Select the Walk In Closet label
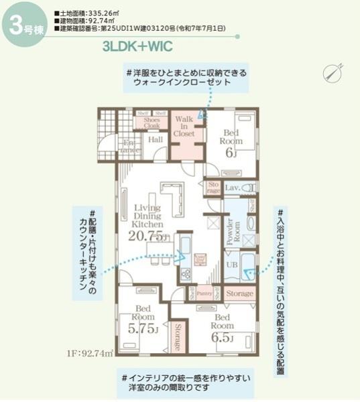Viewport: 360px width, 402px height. pos(184,126)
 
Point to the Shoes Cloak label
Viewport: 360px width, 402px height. pos(152,123)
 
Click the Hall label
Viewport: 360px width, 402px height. pos(156,139)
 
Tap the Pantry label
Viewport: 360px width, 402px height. pos(204,293)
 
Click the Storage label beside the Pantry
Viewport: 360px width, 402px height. pos(239,293)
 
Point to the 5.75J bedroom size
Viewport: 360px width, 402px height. pos(141,329)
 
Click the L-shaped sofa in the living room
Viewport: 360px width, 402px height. pos(176,200)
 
